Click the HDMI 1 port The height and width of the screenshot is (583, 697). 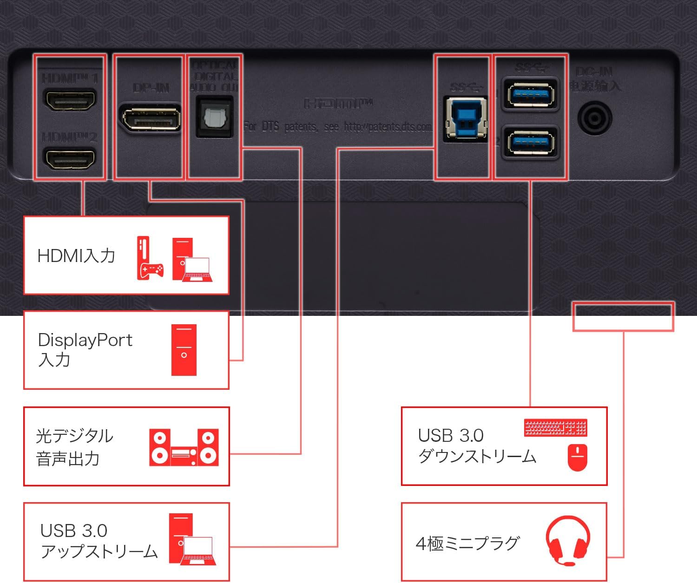click(x=69, y=100)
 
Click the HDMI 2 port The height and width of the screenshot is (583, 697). click(x=69, y=158)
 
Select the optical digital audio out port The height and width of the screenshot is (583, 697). click(x=214, y=117)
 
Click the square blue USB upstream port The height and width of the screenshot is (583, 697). click(x=465, y=118)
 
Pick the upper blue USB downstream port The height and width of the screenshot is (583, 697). click(x=530, y=95)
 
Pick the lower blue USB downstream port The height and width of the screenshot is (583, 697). click(x=530, y=143)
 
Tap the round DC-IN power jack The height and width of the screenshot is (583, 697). click(x=594, y=118)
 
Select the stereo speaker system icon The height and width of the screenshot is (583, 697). click(x=184, y=447)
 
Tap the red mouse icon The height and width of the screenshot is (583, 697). click(x=578, y=458)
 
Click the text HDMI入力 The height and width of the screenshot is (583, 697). click(x=76, y=256)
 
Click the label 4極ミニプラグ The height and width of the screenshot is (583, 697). click(x=467, y=543)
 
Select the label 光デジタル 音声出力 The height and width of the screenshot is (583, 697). click(x=74, y=447)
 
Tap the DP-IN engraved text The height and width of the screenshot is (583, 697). click(x=151, y=87)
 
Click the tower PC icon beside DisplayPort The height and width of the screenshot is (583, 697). click(x=184, y=350)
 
